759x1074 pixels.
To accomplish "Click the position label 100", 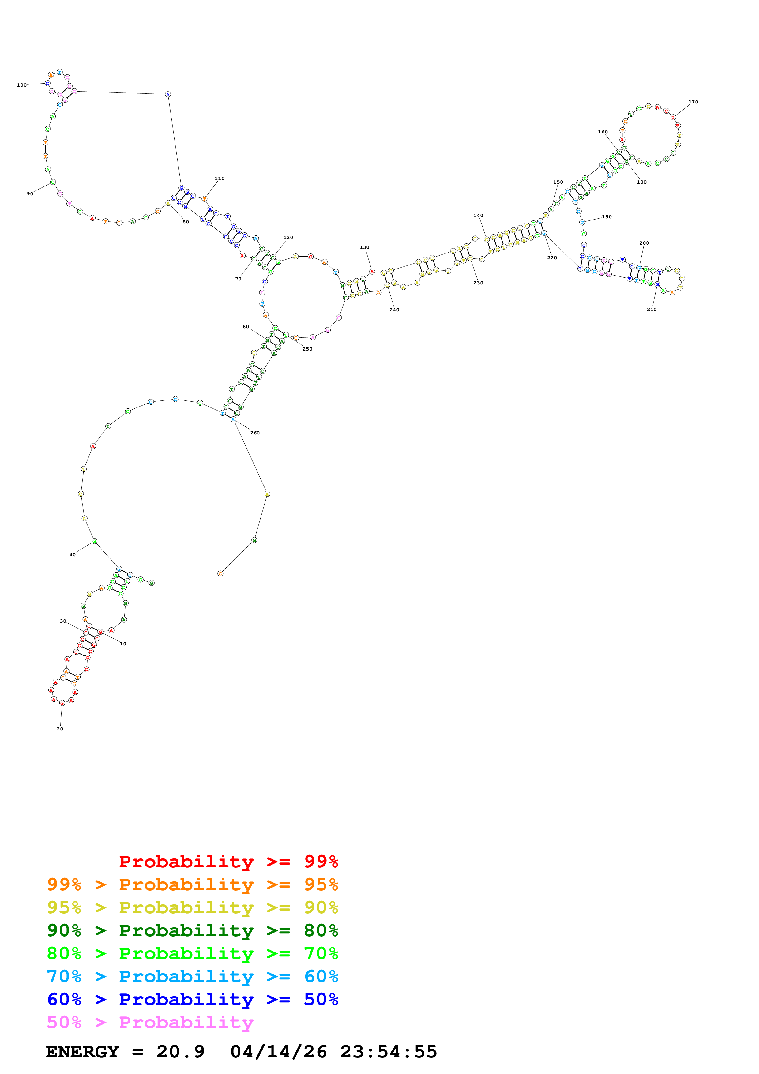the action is coord(21,85).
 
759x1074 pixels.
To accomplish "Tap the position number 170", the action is coord(693,102).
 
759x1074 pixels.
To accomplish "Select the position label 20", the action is coord(60,729).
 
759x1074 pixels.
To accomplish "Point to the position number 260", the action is coord(255,433).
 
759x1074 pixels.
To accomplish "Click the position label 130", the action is coord(364,247).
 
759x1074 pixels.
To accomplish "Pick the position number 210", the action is coord(652,310).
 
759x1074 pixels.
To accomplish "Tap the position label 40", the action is coord(73,555).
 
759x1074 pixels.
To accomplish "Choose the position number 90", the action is coord(30,194).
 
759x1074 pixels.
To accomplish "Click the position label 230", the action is coord(478,283).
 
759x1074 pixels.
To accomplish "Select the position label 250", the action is coord(307,349).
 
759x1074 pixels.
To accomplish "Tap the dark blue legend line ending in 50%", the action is coord(192,1000).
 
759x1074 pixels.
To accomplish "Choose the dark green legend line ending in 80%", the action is coord(192,930).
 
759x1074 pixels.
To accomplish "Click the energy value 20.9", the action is coord(181,1052).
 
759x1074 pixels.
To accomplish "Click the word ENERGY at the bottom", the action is coord(82,1052).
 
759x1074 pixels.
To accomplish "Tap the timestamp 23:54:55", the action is coord(388,1052).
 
